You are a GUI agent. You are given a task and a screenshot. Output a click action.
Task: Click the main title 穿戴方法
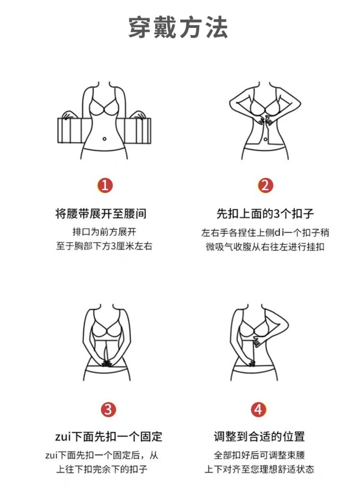(x=178, y=27)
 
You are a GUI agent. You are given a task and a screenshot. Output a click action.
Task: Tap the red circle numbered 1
(x=105, y=185)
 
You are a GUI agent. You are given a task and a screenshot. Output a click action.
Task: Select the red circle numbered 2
(x=265, y=185)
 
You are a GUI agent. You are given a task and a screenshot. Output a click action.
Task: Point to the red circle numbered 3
(x=108, y=409)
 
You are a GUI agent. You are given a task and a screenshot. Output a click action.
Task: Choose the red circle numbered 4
(x=258, y=409)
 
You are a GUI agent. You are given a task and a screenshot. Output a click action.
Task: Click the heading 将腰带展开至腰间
(x=101, y=214)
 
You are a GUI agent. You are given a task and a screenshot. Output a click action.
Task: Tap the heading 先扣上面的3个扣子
(x=265, y=214)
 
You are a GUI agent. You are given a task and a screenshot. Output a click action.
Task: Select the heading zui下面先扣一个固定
(x=109, y=437)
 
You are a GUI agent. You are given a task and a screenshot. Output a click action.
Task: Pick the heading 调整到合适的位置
(x=259, y=437)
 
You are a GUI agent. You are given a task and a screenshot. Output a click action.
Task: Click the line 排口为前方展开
(x=104, y=232)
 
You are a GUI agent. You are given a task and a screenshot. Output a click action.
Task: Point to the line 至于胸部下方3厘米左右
(x=104, y=246)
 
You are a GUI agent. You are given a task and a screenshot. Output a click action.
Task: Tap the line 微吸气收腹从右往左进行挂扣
(x=265, y=247)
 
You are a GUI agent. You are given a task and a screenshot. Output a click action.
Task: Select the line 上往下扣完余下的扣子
(x=102, y=469)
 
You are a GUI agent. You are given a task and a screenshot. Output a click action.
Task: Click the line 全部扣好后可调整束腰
(x=259, y=455)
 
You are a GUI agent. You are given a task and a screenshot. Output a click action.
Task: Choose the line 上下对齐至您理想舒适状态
(x=259, y=469)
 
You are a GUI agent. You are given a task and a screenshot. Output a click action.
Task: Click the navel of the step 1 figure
(x=104, y=139)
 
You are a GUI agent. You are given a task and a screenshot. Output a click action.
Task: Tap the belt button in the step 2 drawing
(x=266, y=140)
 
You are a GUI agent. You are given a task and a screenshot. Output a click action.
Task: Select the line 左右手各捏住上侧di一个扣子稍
(x=265, y=233)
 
